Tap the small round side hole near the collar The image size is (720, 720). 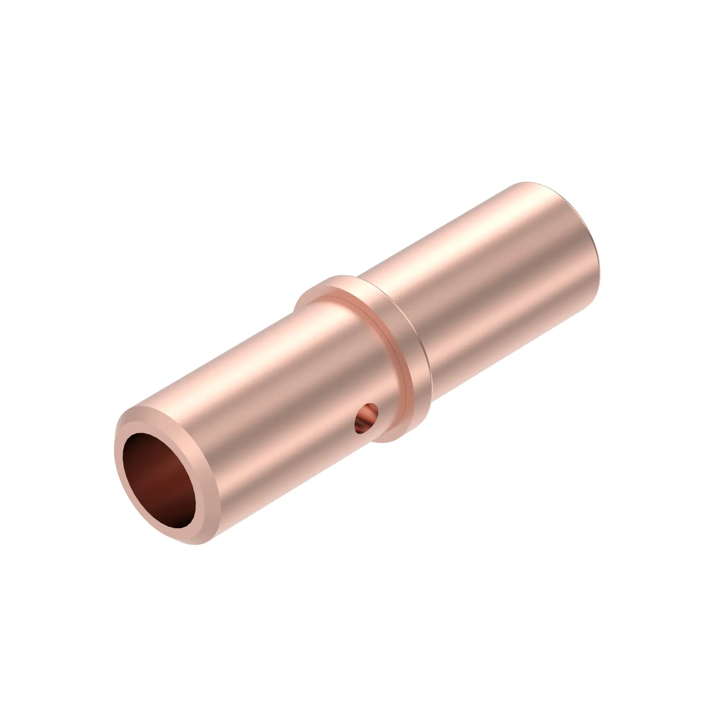coord(366,418)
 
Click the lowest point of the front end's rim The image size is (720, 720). coord(194,544)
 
